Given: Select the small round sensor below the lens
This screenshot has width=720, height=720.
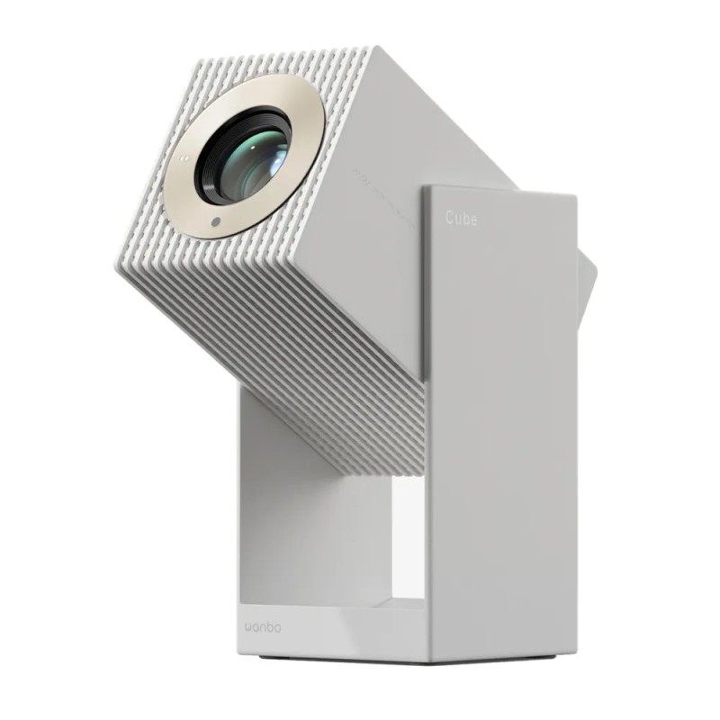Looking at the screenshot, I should pos(216,220).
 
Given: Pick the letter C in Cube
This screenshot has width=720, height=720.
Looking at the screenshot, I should pos(448,219).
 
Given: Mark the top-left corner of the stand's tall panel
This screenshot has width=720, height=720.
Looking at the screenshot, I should pos(424,187).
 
